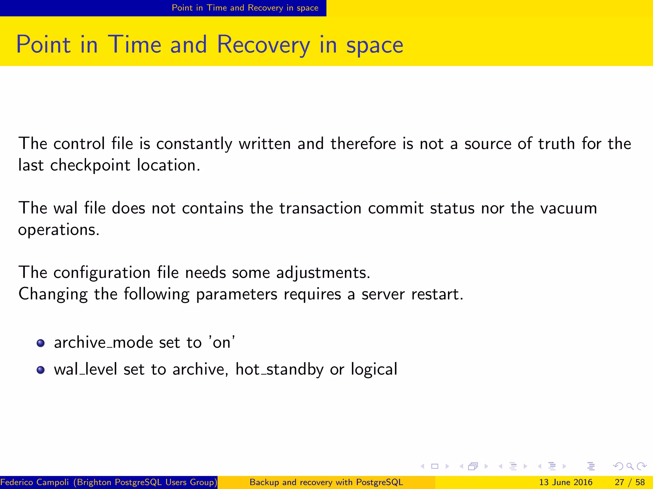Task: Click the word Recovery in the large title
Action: pos(263,45)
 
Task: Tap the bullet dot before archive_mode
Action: pos(40,343)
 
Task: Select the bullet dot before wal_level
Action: pos(40,370)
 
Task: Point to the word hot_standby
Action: pos(279,369)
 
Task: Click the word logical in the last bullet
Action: pos(374,369)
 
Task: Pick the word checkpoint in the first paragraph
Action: pos(90,165)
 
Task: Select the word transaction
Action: pos(320,208)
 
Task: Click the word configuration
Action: pos(102,273)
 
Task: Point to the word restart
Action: pos(437,294)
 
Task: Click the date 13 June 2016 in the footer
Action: pos(566,482)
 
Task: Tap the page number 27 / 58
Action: pos(630,482)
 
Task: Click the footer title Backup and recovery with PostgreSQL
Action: pos(326,482)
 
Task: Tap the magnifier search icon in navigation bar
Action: pos(630,466)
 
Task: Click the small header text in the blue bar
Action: pos(245,8)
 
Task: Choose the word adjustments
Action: pos(323,273)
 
